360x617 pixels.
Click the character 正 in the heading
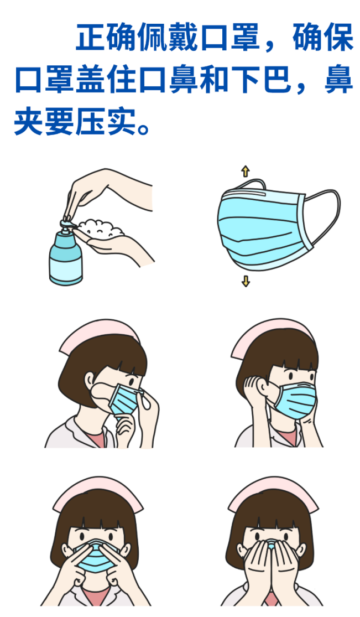coord(91,38)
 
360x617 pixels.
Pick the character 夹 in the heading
coord(28,122)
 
